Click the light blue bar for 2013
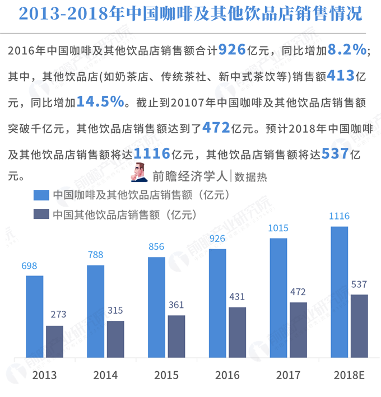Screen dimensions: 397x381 coord(34,316)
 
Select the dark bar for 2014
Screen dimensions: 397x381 coord(115,339)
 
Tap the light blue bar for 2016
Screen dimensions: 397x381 coord(217,303)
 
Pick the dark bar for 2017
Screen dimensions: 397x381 coord(299,330)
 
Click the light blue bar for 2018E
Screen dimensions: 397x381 coord(340,292)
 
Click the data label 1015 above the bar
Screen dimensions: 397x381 coord(278,228)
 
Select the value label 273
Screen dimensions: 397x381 coord(54,315)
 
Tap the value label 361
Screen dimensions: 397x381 coord(176,305)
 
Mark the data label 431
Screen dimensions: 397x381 coord(238,297)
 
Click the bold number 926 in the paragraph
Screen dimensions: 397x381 coord(232,50)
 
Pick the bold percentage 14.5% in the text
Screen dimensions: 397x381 coord(100,101)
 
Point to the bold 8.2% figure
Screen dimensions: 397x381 coord(347,50)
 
